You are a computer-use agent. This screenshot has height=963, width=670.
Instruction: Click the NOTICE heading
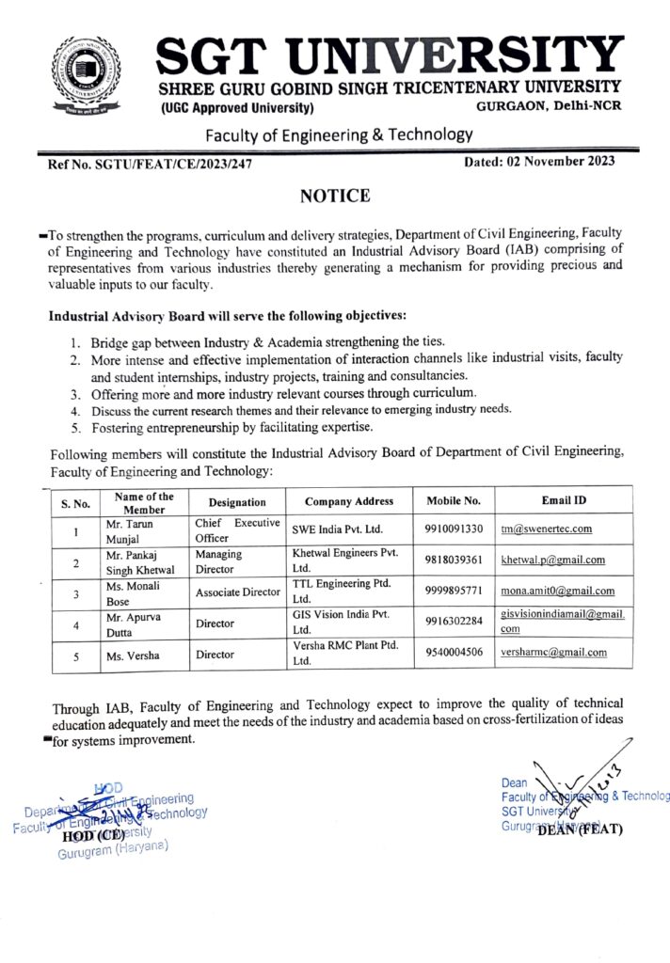tap(334, 196)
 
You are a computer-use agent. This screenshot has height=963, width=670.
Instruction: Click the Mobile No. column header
tap(454, 501)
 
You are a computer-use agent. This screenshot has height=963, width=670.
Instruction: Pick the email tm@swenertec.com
tap(546, 529)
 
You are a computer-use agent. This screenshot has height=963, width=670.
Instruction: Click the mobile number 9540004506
tap(454, 652)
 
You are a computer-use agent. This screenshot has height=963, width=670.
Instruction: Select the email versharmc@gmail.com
tap(553, 652)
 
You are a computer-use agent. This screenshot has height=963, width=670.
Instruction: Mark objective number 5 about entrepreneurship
tap(231, 427)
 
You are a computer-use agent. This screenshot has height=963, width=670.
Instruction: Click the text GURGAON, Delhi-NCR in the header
tap(549, 108)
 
